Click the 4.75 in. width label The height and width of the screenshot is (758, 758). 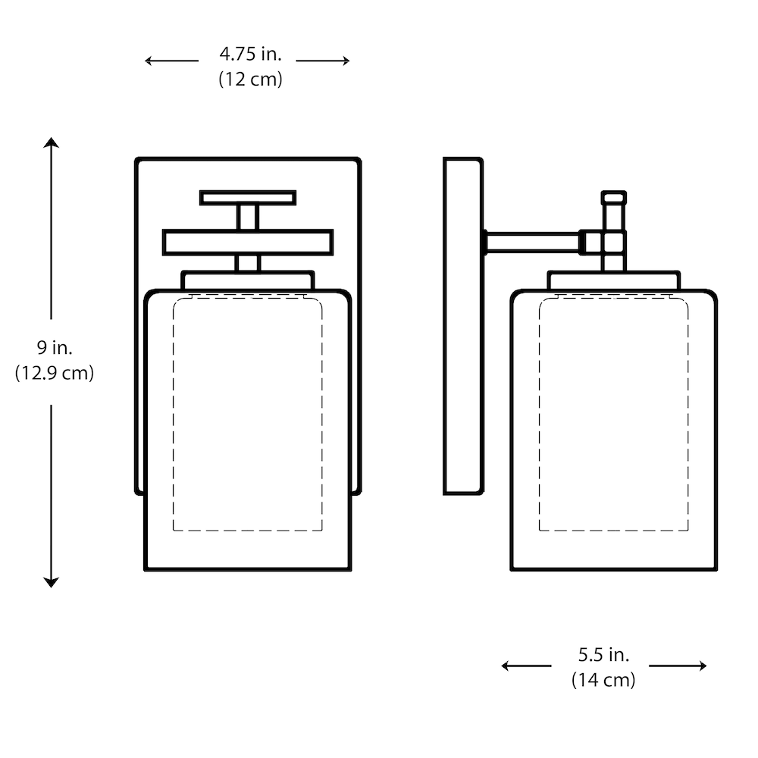pyautogui.click(x=250, y=54)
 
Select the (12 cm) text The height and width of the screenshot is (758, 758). pyautogui.click(x=250, y=79)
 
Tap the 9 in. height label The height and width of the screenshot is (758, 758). pyautogui.click(x=54, y=348)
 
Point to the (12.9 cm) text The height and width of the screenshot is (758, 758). pyautogui.click(x=54, y=373)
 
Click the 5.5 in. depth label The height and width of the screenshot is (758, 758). pyautogui.click(x=604, y=655)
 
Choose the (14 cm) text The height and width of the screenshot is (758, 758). pyautogui.click(x=603, y=680)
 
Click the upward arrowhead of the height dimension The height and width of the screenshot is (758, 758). pyautogui.click(x=51, y=143)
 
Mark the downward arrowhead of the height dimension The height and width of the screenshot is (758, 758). pyautogui.click(x=51, y=582)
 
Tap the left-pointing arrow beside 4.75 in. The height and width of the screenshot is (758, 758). pyautogui.click(x=171, y=61)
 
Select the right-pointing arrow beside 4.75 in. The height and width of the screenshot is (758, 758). pyautogui.click(x=323, y=61)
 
